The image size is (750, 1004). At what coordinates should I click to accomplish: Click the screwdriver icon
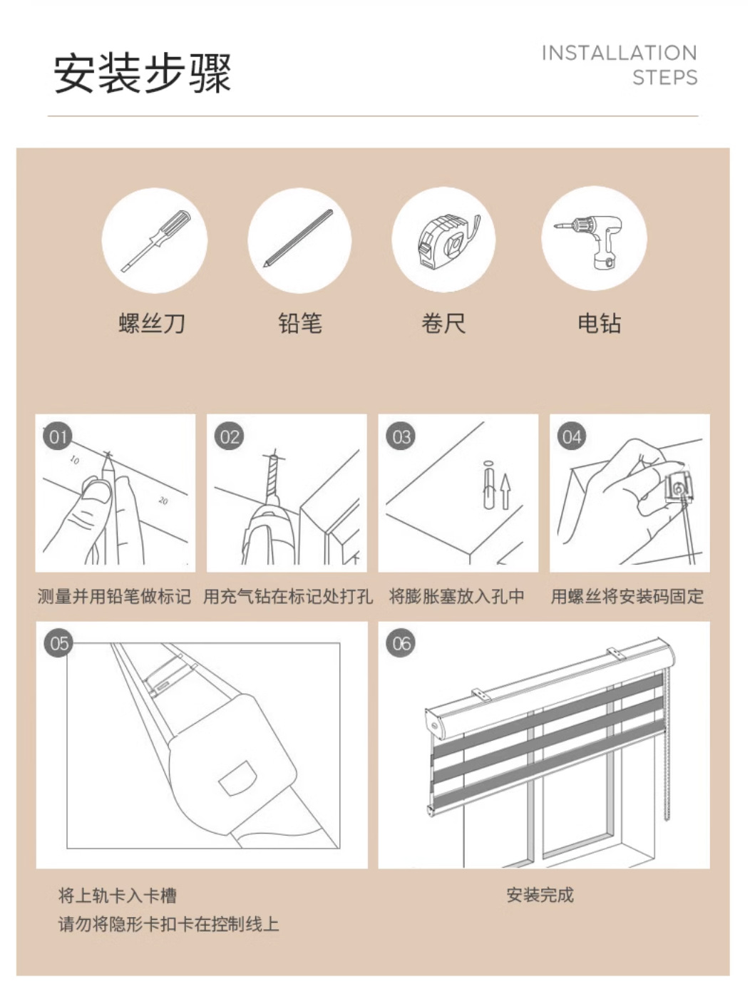click(155, 241)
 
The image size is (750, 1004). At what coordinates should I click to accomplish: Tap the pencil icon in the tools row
click(298, 238)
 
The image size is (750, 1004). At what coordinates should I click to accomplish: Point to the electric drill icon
click(590, 241)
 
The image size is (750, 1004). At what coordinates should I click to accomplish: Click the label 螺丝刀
click(153, 324)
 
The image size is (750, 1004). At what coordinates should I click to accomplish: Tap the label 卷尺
click(443, 324)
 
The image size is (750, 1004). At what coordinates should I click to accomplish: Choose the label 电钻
click(599, 324)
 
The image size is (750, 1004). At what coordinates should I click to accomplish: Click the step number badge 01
click(58, 436)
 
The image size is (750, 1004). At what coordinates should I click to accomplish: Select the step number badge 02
click(229, 436)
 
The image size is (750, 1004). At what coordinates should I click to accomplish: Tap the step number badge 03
click(401, 436)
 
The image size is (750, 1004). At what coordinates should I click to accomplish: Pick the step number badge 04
click(572, 436)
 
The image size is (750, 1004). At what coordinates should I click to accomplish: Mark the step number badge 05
click(58, 644)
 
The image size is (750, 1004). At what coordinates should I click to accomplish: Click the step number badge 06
click(401, 644)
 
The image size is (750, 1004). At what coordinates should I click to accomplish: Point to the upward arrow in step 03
click(505, 491)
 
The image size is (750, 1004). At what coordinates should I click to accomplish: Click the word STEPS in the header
click(665, 77)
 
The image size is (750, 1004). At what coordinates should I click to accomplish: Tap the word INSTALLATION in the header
click(620, 53)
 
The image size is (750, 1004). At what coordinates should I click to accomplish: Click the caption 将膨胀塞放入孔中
click(456, 596)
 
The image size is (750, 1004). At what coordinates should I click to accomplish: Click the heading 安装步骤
click(143, 73)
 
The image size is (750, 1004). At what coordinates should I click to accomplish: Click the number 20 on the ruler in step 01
click(163, 501)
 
